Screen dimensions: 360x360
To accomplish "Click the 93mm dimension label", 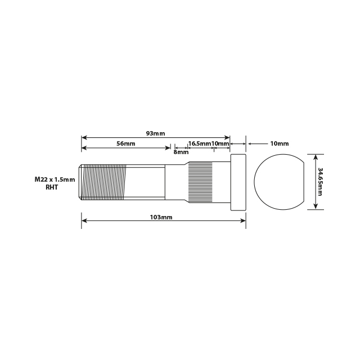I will coord(155,133).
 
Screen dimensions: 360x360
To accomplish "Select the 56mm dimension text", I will coord(126,144).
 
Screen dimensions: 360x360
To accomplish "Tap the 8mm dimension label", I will coord(181,152).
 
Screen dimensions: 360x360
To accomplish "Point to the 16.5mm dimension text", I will coord(199,144).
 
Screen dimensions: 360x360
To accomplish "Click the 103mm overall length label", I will coord(163,217).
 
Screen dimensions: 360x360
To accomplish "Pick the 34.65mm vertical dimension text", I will coord(319,181).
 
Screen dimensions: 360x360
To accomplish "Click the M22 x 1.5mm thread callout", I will coord(55,179).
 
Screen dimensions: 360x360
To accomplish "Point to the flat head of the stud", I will coord(238,182).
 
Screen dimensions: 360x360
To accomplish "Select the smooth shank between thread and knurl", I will coord(145,182).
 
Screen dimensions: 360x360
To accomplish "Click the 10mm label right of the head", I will coord(279,144).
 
